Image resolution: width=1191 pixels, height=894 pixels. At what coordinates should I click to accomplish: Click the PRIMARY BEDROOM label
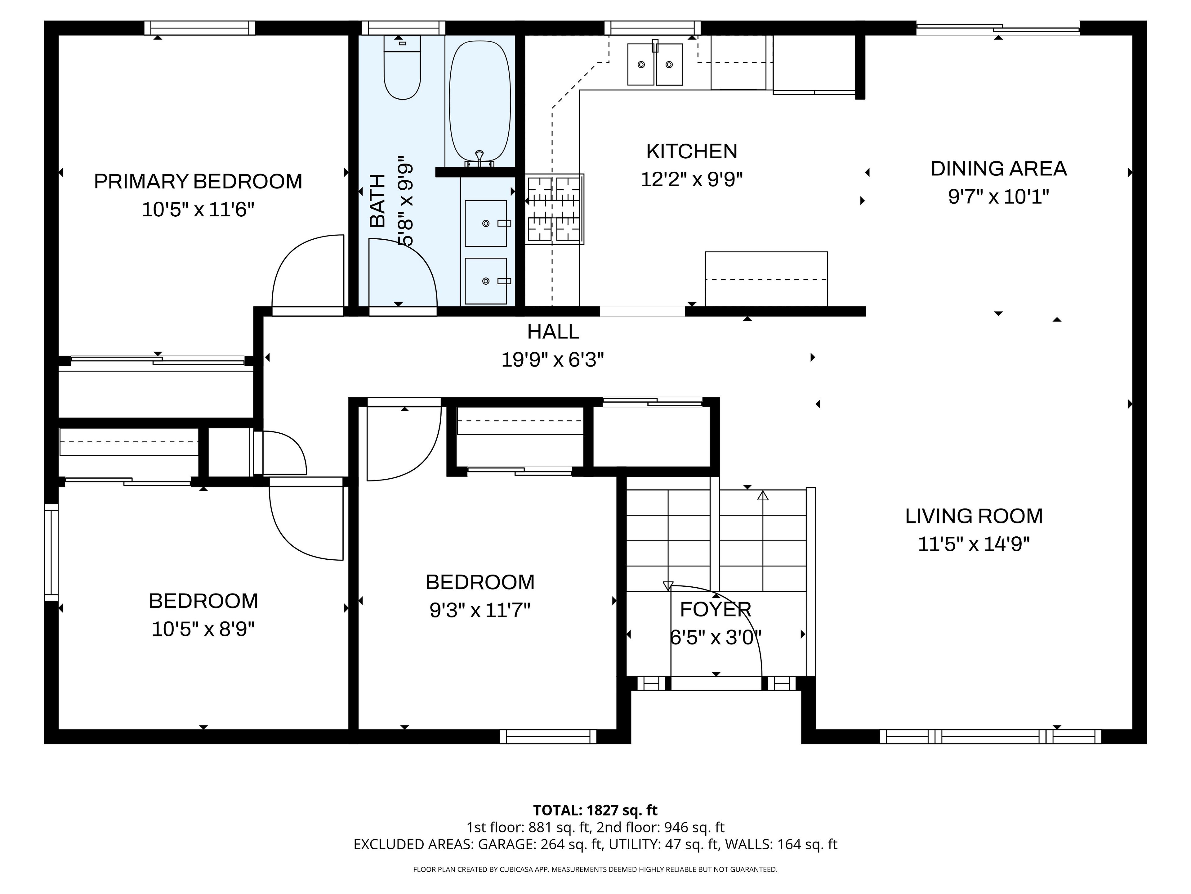pyautogui.click(x=198, y=182)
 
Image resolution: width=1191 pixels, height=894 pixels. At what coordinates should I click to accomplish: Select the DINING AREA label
pyautogui.click(x=999, y=169)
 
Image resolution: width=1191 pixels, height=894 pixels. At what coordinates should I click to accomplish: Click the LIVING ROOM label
pyautogui.click(x=974, y=516)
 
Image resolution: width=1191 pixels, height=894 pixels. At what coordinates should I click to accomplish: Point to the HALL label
pyautogui.click(x=553, y=332)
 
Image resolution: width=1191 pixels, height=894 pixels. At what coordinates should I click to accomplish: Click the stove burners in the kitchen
pyautogui.click(x=555, y=209)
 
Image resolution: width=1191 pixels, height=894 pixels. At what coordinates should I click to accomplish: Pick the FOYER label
pyautogui.click(x=715, y=609)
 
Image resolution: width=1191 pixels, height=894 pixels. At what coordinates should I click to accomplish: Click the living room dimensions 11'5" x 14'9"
pyautogui.click(x=974, y=544)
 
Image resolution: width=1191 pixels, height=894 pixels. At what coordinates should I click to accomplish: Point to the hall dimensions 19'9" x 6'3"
pyautogui.click(x=553, y=359)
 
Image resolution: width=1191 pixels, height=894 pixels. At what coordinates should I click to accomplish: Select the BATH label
pyautogui.click(x=378, y=201)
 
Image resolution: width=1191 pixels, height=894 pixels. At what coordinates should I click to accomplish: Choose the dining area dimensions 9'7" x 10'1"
pyautogui.click(x=999, y=197)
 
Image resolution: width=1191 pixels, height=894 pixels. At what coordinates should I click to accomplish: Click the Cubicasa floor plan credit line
pyautogui.click(x=595, y=869)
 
